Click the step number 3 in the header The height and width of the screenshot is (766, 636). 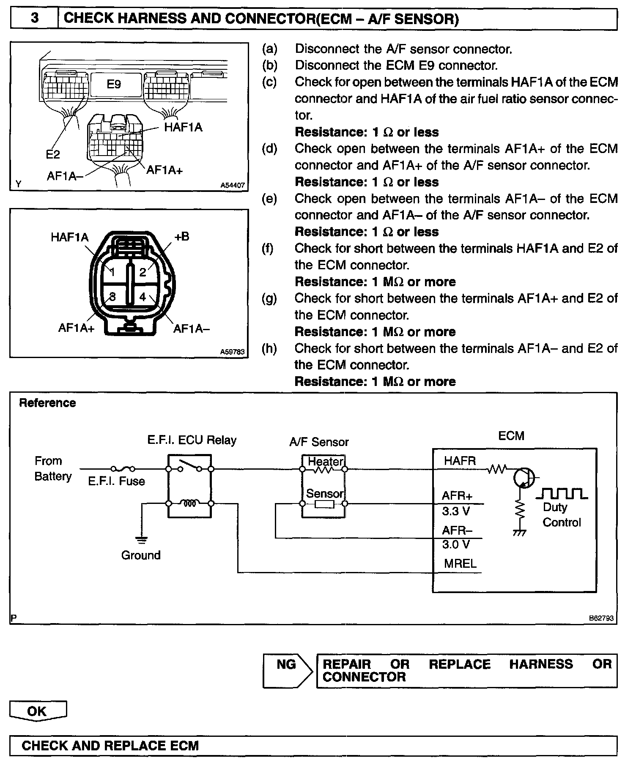tap(35, 19)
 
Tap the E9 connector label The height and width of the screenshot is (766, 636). tap(114, 85)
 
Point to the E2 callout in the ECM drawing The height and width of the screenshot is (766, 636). tap(53, 155)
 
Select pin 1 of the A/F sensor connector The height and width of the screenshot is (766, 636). tap(112, 272)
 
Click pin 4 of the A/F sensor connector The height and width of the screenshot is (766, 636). tap(143, 297)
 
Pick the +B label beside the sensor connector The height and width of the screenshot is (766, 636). tap(182, 237)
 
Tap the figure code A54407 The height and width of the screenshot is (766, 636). tap(233, 185)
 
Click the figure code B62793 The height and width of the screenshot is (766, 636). tap(601, 618)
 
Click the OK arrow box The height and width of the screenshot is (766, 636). tap(38, 711)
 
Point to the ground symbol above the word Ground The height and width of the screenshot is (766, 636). tap(142, 540)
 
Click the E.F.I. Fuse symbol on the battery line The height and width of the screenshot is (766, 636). tap(123, 468)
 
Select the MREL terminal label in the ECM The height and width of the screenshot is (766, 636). tap(460, 564)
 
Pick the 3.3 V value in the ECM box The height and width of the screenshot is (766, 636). tap(456, 512)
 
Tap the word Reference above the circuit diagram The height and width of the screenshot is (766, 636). tap(47, 403)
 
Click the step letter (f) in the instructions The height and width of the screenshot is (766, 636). tap(268, 249)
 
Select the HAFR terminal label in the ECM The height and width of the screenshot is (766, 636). tap(460, 461)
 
